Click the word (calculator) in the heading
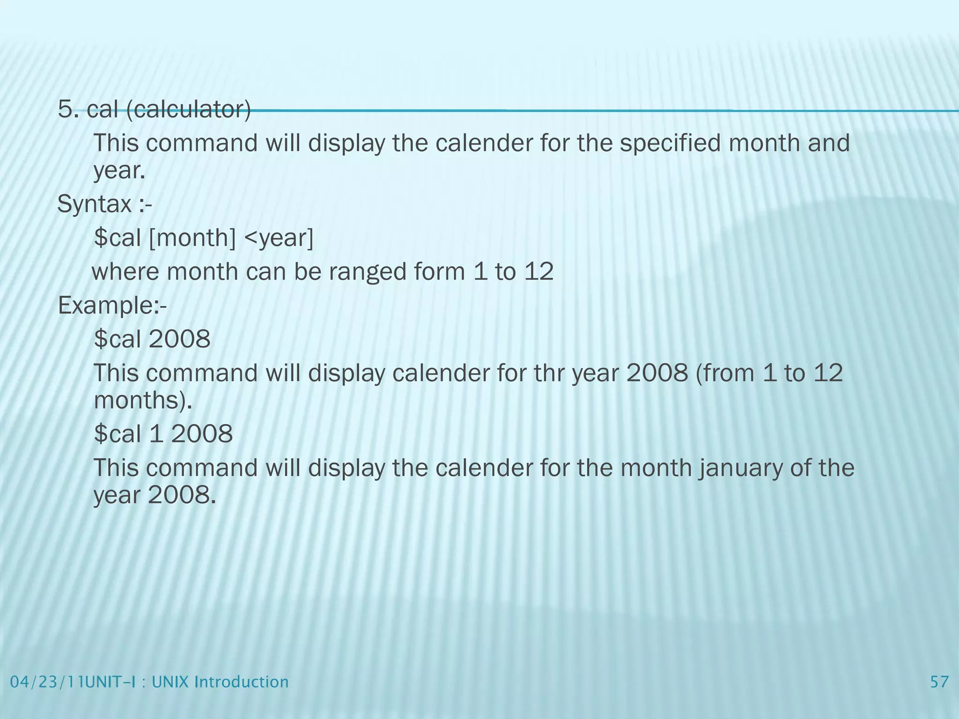point(188,110)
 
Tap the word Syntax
point(94,205)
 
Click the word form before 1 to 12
point(440,271)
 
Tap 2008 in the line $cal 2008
point(179,339)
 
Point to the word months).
point(143,401)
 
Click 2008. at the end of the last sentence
point(182,495)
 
